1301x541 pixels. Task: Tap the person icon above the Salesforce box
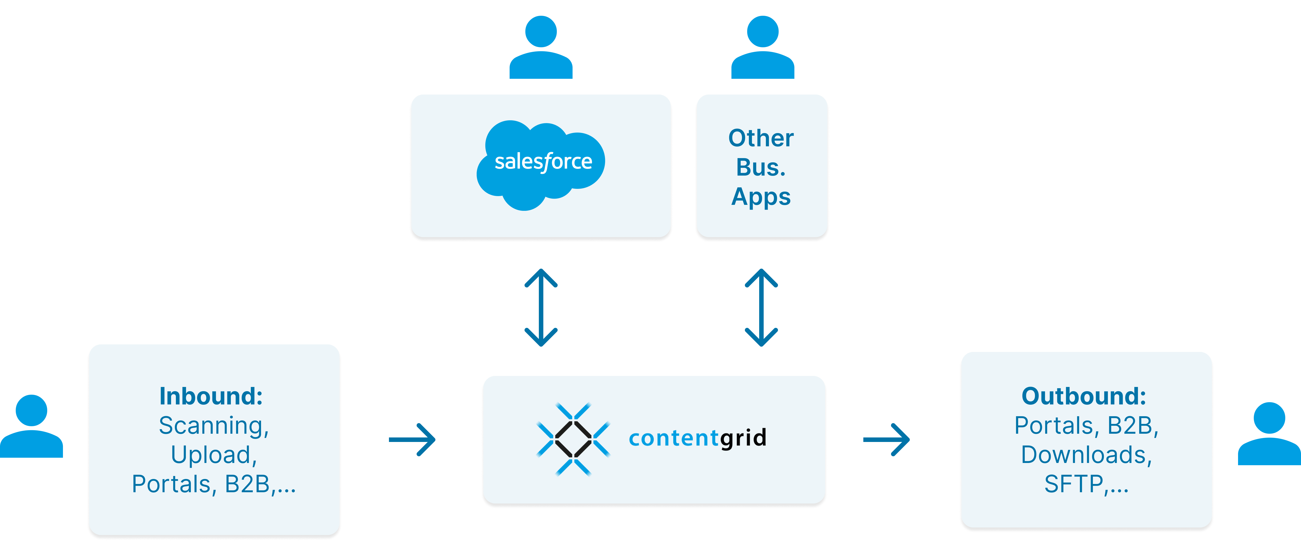[541, 48]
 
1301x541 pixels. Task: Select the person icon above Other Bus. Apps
[763, 48]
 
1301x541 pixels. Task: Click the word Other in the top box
[761, 138]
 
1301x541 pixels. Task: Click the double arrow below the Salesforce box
[541, 307]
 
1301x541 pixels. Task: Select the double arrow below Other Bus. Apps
[761, 307]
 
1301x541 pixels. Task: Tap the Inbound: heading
[211, 396]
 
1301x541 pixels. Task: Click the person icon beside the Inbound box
[31, 427]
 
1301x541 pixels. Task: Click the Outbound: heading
[1084, 396]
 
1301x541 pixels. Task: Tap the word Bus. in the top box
[761, 167]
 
